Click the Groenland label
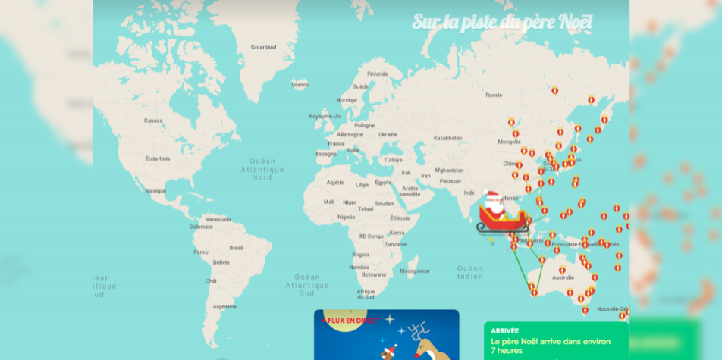[x=263, y=47]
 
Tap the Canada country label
[x=153, y=121]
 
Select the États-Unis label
[x=158, y=158]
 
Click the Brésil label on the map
[x=237, y=247]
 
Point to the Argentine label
[x=224, y=306]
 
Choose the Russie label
[x=494, y=95]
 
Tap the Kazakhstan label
[x=447, y=139]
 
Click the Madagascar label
[x=415, y=271]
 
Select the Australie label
[x=563, y=277]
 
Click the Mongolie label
[x=509, y=142]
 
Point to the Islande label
[x=300, y=85]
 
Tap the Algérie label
[x=334, y=182]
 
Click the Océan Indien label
[x=469, y=272]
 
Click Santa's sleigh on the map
[x=503, y=221]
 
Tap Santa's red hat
[x=491, y=196]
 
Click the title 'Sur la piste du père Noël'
[x=502, y=22]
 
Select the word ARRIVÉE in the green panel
[x=505, y=330]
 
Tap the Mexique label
[x=155, y=191]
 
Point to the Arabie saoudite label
[x=410, y=191]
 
